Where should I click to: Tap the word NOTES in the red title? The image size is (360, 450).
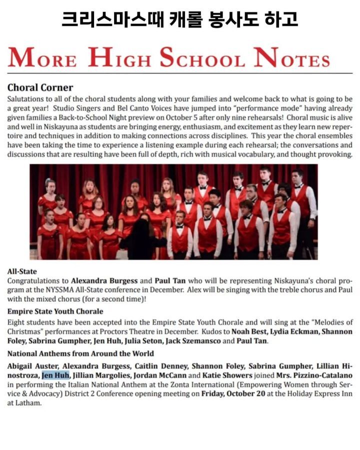pos(291,58)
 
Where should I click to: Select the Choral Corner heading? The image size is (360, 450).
pos(40,88)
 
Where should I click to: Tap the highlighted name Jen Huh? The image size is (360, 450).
pos(55,375)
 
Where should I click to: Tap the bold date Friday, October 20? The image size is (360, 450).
pos(236,394)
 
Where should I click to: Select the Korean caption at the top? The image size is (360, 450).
pos(179,18)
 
